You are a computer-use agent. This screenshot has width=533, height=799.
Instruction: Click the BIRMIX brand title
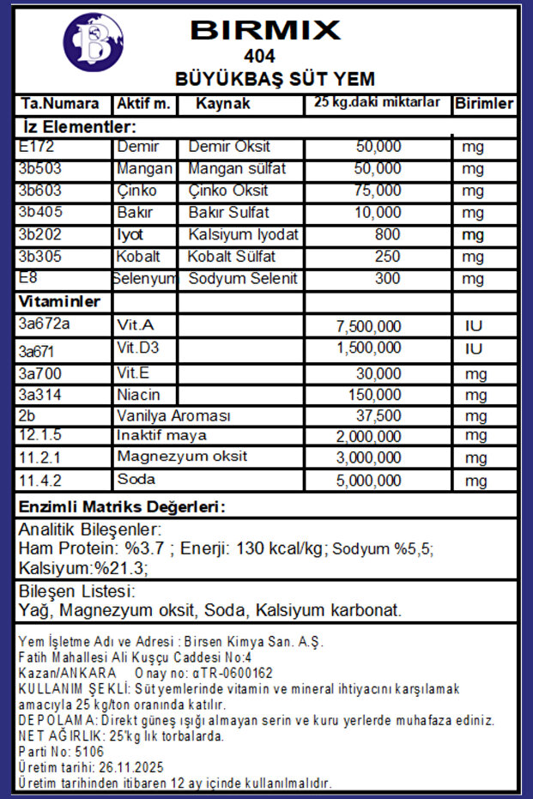tap(265, 30)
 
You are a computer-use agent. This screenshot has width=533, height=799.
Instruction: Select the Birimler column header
tap(484, 104)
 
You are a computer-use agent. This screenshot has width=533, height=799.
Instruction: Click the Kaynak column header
tap(222, 104)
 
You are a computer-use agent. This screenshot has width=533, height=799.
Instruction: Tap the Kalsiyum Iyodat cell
tap(243, 234)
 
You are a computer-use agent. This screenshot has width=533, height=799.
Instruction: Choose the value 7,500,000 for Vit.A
tap(366, 326)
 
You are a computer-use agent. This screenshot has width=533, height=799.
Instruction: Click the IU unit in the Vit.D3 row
tap(473, 348)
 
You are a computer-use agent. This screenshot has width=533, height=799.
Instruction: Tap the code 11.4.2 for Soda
tap(39, 479)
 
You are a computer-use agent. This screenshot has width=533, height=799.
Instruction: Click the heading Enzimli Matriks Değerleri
tap(122, 506)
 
